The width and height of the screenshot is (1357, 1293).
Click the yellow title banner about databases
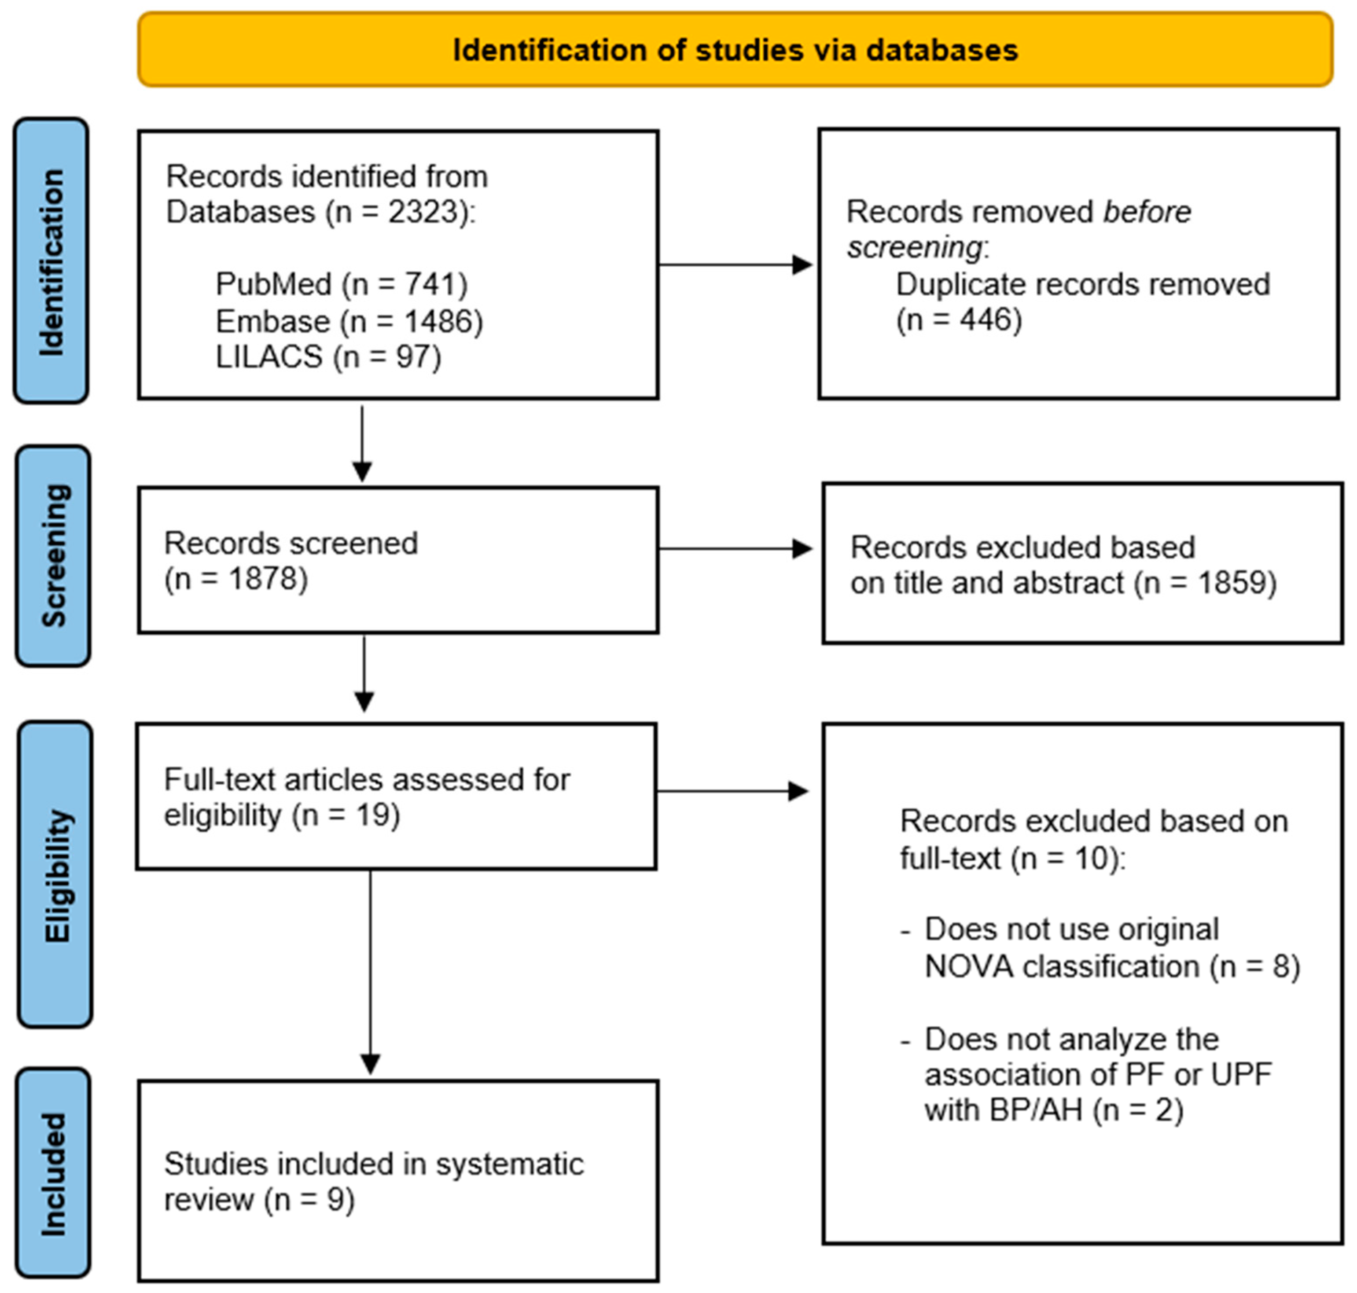click(735, 50)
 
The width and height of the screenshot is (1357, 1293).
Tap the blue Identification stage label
click(51, 261)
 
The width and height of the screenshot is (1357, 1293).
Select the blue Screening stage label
click(53, 555)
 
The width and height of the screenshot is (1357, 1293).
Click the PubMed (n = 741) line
click(341, 284)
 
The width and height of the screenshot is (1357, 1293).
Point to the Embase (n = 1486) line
click(349, 321)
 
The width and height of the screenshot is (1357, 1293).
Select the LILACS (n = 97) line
click(328, 357)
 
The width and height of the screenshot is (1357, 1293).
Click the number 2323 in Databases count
click(423, 212)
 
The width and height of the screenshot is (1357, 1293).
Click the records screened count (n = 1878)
click(235, 579)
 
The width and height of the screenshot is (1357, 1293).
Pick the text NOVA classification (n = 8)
click(1112, 966)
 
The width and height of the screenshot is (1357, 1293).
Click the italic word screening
click(914, 247)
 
